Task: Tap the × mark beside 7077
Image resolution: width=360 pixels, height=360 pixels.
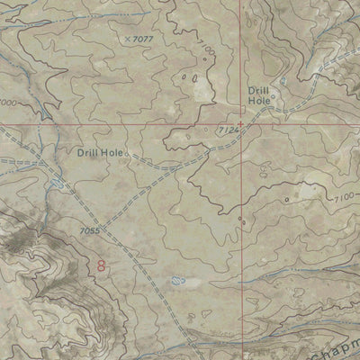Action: tap(129, 39)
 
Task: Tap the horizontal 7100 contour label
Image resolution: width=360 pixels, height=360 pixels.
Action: tap(341, 197)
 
